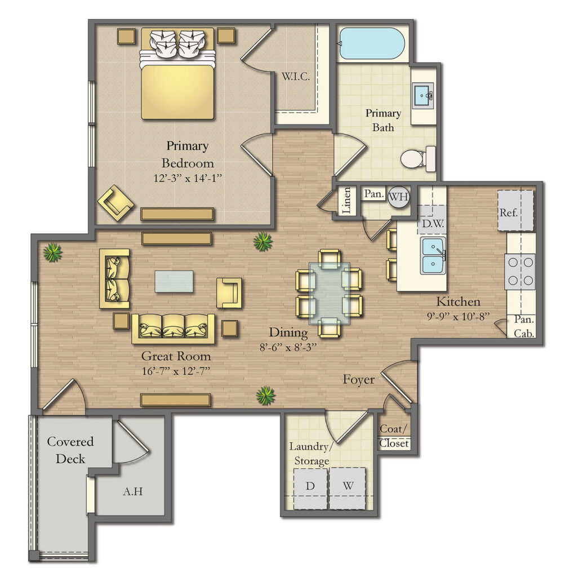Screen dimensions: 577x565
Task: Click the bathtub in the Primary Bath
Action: click(372, 44)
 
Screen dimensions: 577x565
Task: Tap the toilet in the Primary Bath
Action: click(417, 159)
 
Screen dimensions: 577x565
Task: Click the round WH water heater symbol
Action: click(399, 197)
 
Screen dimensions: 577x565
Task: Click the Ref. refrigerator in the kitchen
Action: click(515, 211)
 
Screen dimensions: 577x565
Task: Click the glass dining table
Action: click(328, 292)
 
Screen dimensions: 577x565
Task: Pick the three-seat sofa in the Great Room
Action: click(173, 329)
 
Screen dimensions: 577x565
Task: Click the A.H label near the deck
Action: click(133, 491)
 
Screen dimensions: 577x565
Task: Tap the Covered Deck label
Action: click(70, 450)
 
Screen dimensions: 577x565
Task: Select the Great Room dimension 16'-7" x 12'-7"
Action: click(176, 371)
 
